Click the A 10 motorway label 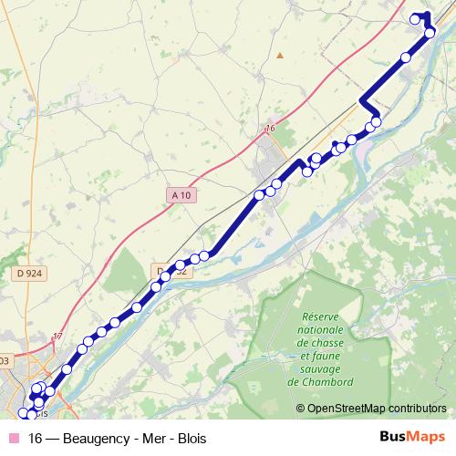click(180, 195)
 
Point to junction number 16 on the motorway click(270, 129)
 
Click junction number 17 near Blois click(58, 337)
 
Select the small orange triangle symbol click(281, 56)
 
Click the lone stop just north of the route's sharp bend click(406, 58)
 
